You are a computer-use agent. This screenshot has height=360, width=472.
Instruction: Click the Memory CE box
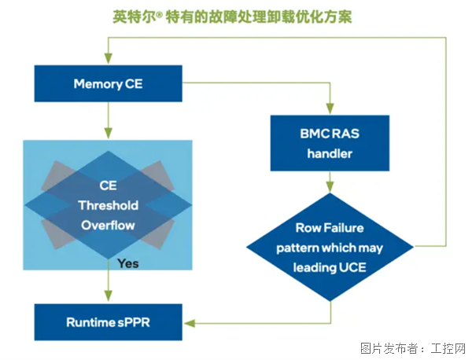click(x=109, y=83)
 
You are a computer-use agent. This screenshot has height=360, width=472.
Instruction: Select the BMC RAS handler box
click(x=330, y=143)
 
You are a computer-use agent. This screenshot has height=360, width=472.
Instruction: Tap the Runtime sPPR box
click(x=109, y=321)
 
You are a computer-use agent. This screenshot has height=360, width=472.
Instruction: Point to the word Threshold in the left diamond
click(x=109, y=205)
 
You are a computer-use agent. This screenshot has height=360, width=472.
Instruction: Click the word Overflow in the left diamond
click(x=109, y=225)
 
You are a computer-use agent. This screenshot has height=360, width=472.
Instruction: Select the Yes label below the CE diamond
click(x=128, y=263)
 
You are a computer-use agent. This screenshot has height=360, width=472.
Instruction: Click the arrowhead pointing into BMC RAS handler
click(x=330, y=111)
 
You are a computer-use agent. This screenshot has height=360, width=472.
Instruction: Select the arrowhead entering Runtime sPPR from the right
click(x=189, y=321)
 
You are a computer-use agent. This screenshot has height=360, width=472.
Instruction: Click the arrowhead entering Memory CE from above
click(x=109, y=61)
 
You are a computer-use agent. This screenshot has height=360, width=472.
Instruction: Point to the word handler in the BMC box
click(x=330, y=153)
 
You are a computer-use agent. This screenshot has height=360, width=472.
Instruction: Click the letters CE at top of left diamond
click(x=109, y=186)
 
